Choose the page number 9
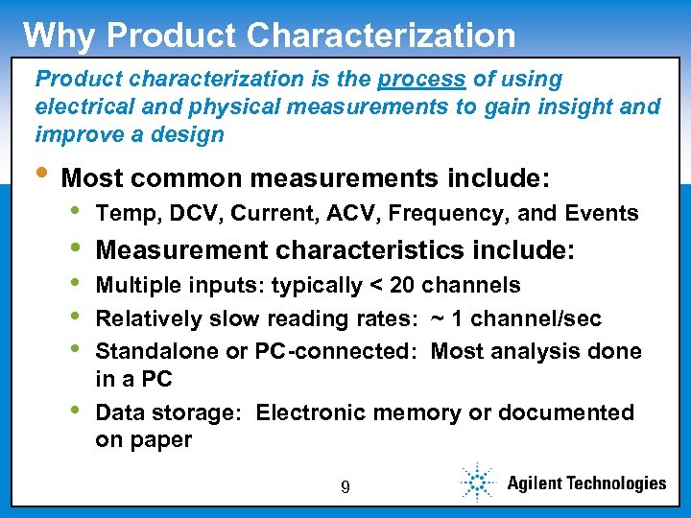(345, 487)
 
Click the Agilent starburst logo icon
(477, 483)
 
